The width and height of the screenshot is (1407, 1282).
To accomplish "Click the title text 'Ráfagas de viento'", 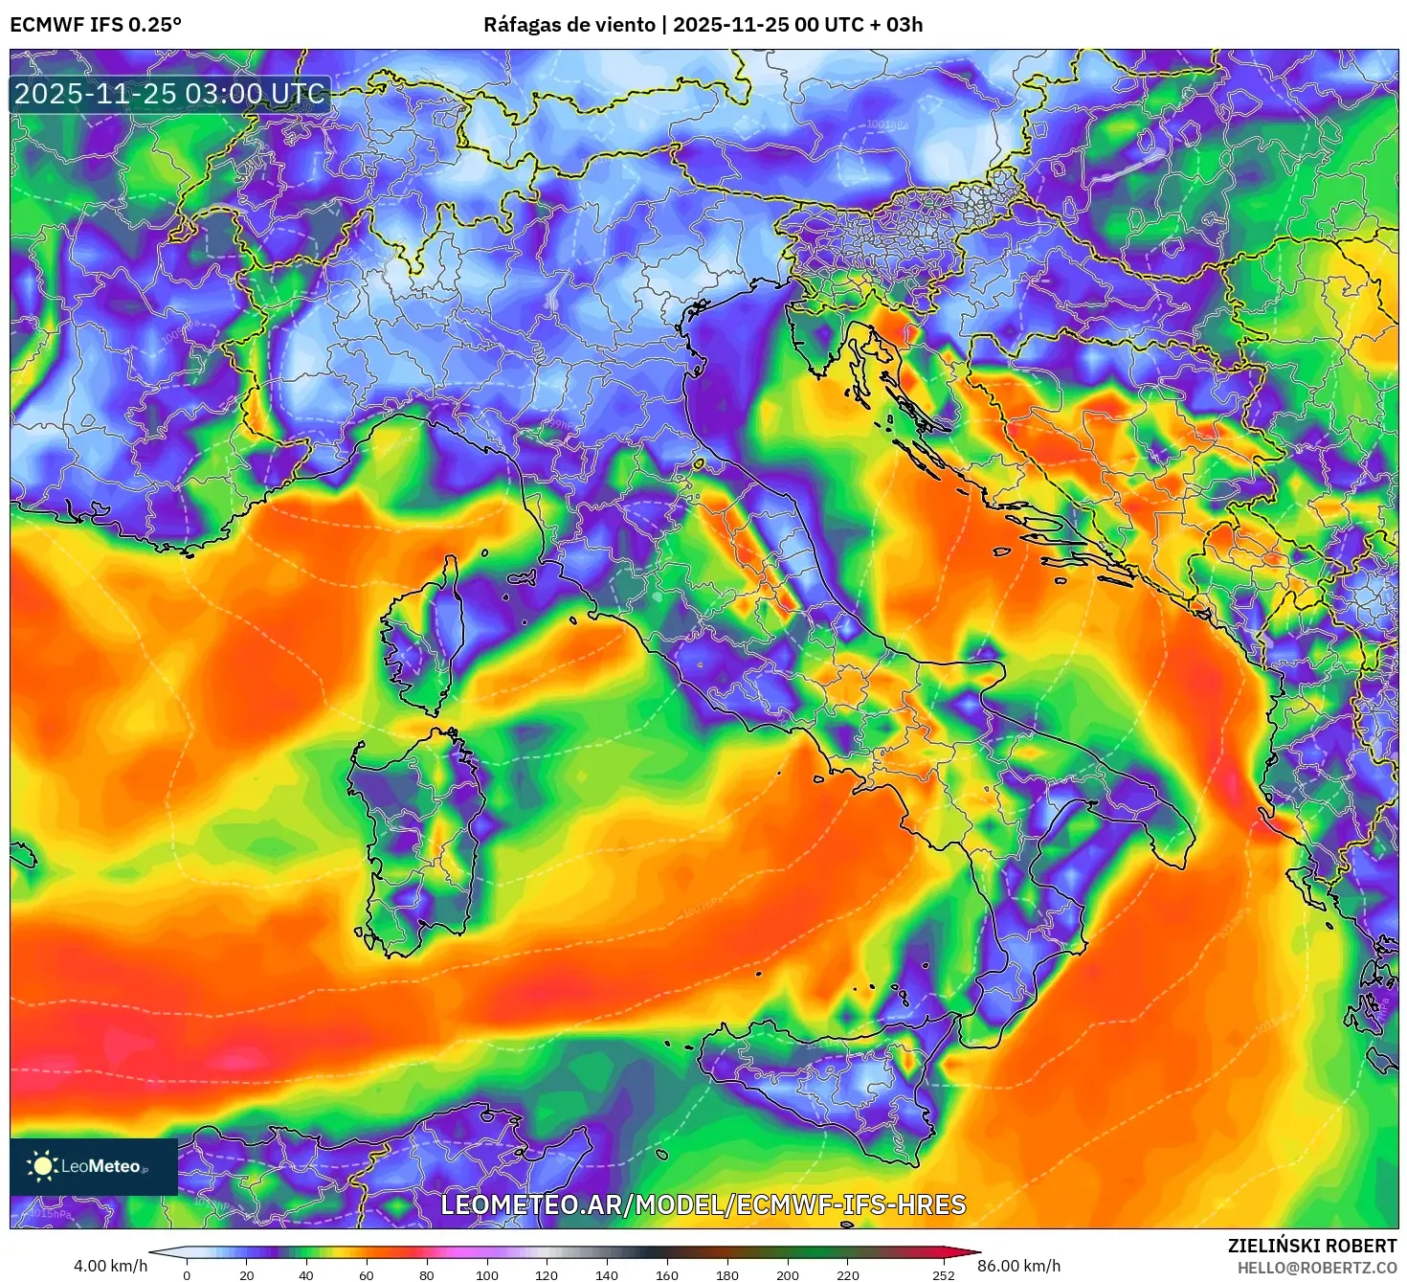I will point(569,25).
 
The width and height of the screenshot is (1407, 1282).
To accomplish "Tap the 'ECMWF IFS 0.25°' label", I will point(96,25).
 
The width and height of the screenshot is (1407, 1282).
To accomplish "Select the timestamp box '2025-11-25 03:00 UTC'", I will point(169,94).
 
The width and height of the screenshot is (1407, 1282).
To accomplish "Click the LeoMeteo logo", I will point(94,1166).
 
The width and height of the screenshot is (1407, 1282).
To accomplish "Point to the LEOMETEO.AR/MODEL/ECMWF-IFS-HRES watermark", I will point(703,1204).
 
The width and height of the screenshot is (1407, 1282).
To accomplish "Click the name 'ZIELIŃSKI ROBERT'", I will point(1312,1246).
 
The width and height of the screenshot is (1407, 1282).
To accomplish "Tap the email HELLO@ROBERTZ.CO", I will point(1317,1268).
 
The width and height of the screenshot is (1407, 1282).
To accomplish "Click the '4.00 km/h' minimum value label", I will point(111,1266).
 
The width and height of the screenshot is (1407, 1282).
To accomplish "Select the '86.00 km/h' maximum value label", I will point(1018,1266).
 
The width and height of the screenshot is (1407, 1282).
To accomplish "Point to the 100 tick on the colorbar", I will point(486,1274).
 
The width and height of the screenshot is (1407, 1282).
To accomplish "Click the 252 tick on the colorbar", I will point(944,1274).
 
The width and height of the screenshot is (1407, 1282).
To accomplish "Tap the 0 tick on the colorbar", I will point(187,1274).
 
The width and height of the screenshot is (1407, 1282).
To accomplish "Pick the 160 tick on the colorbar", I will point(667,1274).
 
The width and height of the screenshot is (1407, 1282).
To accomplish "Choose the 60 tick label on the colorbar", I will point(367,1274).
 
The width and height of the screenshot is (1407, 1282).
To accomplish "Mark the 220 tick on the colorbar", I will point(847,1274).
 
